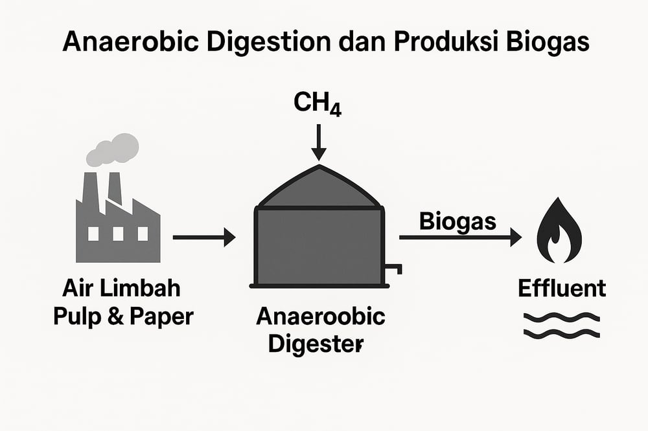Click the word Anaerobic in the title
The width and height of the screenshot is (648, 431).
[x=133, y=42]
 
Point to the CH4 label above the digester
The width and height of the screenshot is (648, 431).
[x=318, y=104]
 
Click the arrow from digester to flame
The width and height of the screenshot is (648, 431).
[x=460, y=238]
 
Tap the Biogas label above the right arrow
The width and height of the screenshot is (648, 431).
[x=457, y=221]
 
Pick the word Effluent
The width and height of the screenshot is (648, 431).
[x=562, y=288]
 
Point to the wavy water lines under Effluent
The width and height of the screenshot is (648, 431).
[x=562, y=326]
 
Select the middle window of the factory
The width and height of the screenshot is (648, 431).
[x=117, y=233]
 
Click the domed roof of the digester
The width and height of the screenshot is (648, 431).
[x=318, y=188]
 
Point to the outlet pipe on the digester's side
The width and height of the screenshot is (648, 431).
[x=394, y=267]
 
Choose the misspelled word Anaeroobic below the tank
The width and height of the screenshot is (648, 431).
[x=321, y=317]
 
